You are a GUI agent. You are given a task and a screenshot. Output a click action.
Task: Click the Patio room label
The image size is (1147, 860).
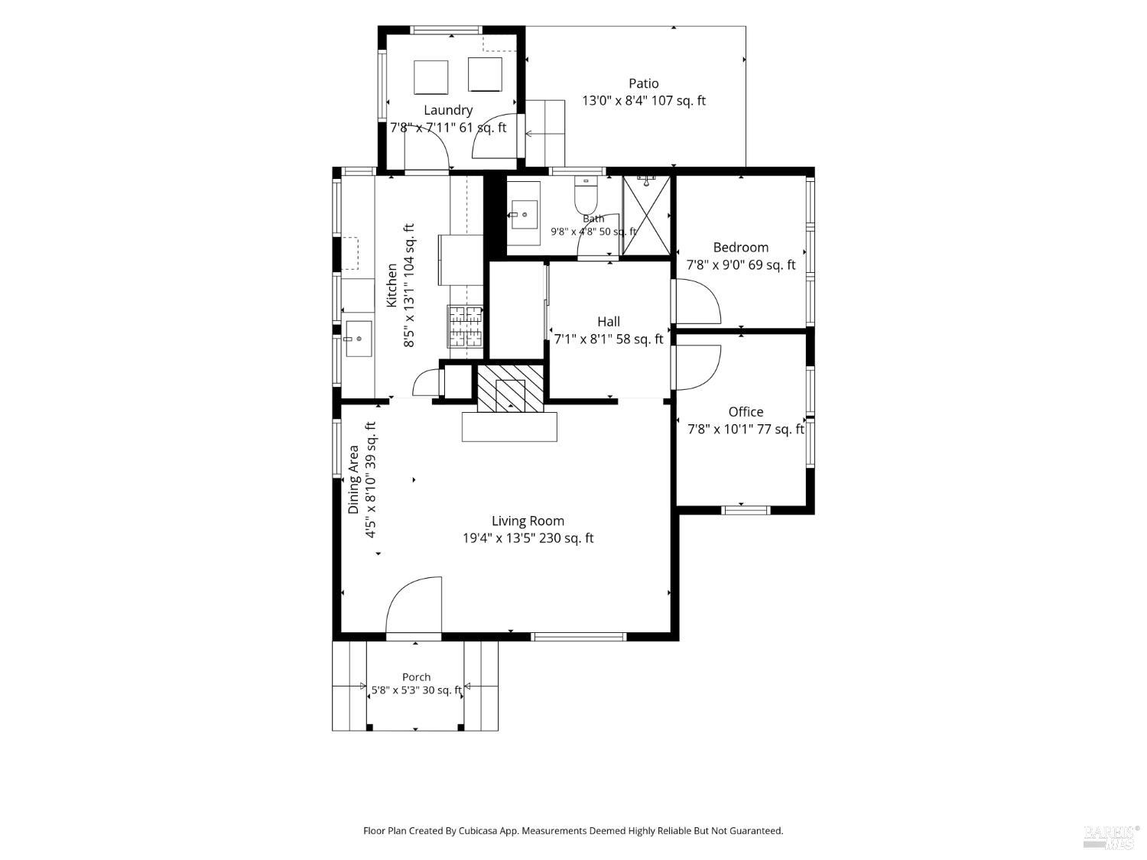643,83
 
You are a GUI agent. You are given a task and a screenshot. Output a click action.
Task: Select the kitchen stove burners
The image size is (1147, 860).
466,327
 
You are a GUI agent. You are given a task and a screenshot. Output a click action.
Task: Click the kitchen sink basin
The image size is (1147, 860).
359,339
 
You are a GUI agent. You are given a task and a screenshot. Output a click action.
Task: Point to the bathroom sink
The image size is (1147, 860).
524,214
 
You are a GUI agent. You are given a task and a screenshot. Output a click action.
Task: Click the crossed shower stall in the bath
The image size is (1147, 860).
646,216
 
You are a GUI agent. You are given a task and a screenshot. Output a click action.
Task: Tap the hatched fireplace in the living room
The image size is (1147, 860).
510,388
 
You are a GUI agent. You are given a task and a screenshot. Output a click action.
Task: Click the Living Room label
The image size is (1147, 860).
528,521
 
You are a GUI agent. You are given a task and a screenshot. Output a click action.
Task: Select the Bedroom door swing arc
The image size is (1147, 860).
709,297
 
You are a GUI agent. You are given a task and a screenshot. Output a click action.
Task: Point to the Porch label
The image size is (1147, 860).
417,677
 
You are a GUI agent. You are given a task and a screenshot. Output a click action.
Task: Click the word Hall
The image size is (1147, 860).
609,322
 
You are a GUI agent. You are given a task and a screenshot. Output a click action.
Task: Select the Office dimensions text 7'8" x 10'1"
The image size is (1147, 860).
720,430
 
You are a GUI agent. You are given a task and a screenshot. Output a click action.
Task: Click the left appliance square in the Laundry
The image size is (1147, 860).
431,77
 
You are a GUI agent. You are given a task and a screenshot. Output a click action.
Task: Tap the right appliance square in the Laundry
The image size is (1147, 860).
485,75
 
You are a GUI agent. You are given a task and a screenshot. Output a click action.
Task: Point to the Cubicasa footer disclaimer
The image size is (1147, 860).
573,831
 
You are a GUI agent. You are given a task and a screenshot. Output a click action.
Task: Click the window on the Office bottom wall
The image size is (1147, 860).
746,510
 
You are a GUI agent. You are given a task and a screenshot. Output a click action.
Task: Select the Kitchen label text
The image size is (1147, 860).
392,285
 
